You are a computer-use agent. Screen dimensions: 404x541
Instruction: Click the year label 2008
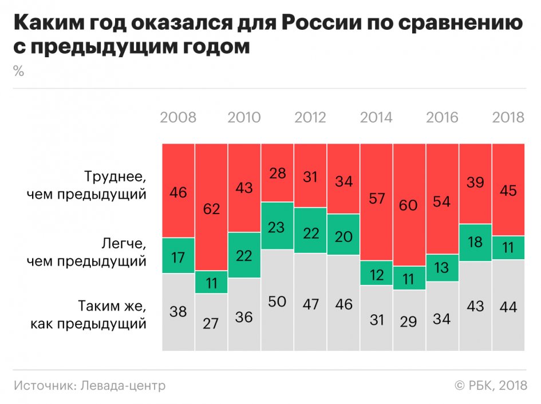178,117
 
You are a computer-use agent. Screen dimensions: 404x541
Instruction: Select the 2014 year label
376,117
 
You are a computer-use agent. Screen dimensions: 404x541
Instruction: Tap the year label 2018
508,117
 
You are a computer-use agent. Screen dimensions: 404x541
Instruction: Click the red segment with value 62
211,208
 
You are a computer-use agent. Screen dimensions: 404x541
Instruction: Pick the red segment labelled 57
376,200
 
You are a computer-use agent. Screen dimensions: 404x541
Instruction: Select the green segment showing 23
277,226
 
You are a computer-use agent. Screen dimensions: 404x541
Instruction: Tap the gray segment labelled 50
277,300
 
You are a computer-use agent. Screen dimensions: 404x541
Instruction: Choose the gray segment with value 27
211,322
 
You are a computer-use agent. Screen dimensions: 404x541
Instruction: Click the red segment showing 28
277,172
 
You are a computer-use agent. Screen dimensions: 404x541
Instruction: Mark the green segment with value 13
442,268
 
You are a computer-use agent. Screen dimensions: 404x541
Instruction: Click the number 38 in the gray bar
178,311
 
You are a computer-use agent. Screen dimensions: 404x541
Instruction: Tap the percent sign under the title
18,72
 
